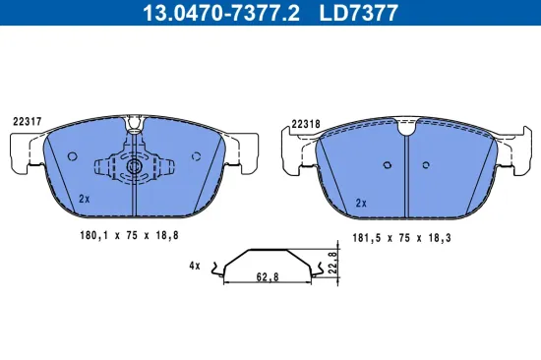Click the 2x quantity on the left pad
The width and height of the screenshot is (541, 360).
point(85,199)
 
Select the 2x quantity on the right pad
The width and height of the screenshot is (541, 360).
point(361,202)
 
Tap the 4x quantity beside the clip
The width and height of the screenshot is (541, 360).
point(194,266)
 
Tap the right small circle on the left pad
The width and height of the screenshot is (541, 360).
point(195,155)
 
